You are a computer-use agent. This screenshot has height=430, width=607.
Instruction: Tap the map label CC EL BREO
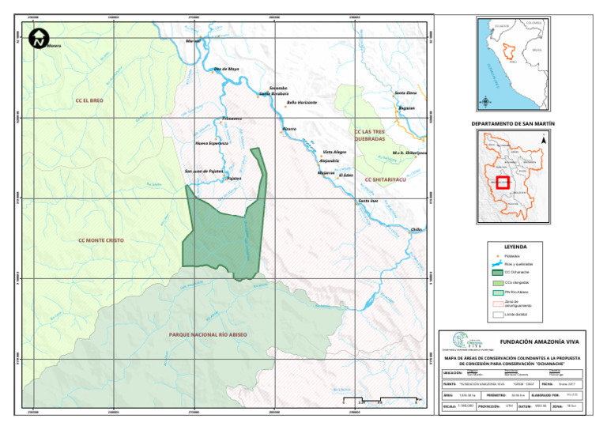[x=89, y=101]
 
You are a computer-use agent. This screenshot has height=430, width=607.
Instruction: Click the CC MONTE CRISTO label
[x=101, y=240]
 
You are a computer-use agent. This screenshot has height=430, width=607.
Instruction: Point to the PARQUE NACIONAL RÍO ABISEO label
[x=209, y=335]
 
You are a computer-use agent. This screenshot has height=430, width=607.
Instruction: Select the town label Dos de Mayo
[x=226, y=69]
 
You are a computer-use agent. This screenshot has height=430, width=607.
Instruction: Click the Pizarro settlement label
[x=289, y=127]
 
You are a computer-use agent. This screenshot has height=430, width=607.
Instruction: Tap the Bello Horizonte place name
[x=302, y=103]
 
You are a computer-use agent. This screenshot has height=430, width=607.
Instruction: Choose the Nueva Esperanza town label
[x=211, y=143]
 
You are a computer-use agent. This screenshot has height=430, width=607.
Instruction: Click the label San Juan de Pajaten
[x=204, y=171]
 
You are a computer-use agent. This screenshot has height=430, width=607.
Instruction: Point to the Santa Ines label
[x=368, y=202]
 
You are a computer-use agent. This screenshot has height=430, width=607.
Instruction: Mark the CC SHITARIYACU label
[x=385, y=180]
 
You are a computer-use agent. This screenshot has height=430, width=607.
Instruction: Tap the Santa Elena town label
[x=405, y=93]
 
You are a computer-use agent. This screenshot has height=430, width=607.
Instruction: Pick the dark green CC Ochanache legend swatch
[x=496, y=272]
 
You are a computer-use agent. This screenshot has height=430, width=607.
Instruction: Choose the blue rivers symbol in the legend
[x=496, y=264]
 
